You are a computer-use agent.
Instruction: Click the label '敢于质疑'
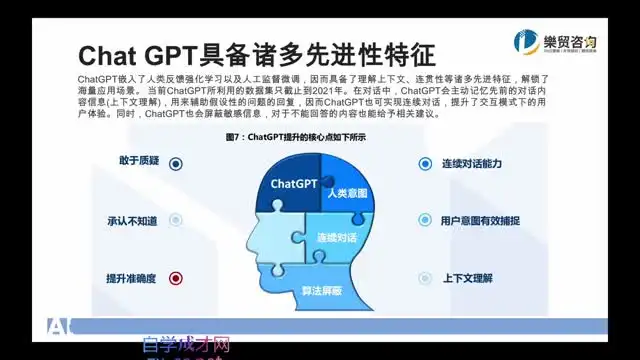coord(139,162)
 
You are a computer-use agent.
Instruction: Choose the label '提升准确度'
coord(132,278)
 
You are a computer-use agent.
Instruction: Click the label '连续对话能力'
coord(471,162)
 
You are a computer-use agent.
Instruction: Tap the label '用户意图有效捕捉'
coord(480,220)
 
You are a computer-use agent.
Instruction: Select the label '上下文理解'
coord(468,278)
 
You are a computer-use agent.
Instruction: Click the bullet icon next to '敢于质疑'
coord(176,162)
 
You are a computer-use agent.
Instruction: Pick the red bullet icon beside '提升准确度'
coord(176,278)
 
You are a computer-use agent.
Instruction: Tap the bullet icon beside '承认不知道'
coord(176,220)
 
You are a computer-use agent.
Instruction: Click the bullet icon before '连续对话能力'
coord(425,162)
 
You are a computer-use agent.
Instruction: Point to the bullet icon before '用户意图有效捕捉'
coord(425,220)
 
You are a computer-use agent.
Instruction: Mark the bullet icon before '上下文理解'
coord(425,278)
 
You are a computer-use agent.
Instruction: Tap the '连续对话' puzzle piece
coord(336,238)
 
